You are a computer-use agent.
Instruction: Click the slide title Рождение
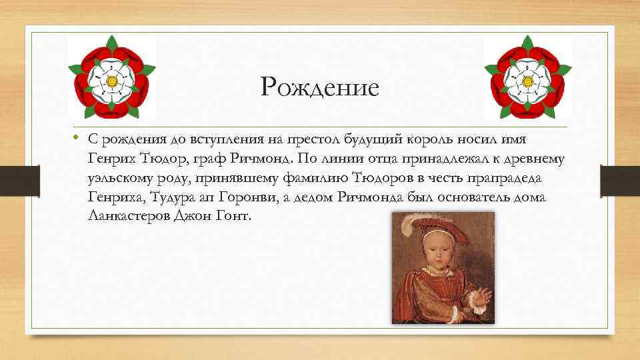pyautogui.click(x=320, y=87)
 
